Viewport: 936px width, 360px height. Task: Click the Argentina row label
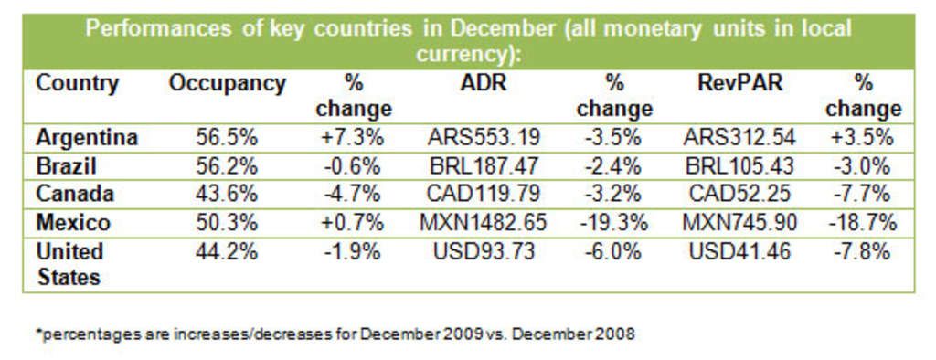(x=87, y=138)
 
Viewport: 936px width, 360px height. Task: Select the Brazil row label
(x=67, y=166)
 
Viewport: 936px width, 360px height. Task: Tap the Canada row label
(x=75, y=195)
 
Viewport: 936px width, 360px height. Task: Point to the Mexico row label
(x=73, y=223)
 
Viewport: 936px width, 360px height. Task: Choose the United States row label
(x=69, y=264)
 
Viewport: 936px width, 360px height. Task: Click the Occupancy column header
(x=228, y=84)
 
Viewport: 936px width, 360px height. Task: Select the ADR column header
(x=484, y=84)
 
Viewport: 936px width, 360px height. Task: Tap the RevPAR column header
(x=739, y=84)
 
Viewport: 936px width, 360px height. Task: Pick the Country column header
(x=78, y=84)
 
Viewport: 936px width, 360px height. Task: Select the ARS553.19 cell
(x=484, y=138)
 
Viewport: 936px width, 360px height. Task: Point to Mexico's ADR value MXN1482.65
(x=484, y=223)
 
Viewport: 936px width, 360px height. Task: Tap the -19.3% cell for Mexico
(x=614, y=223)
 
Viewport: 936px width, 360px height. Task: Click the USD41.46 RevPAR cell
(x=739, y=251)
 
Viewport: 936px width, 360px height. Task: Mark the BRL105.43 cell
(x=739, y=166)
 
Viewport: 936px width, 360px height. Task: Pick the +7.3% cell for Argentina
(x=354, y=138)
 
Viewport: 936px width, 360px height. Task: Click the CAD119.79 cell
(x=484, y=195)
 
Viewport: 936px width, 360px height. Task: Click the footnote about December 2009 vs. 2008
(x=335, y=334)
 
